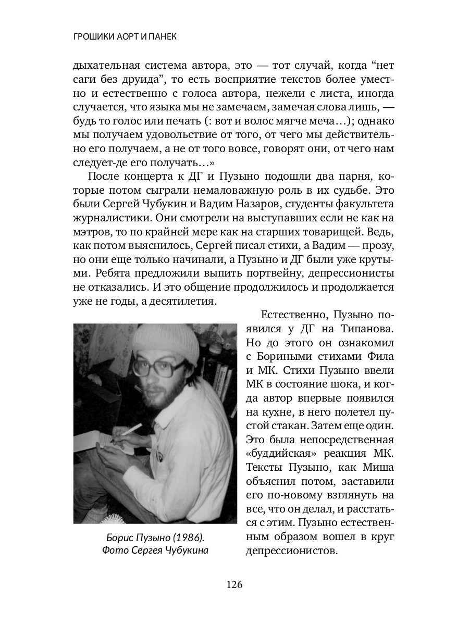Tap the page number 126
pos(234,584)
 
